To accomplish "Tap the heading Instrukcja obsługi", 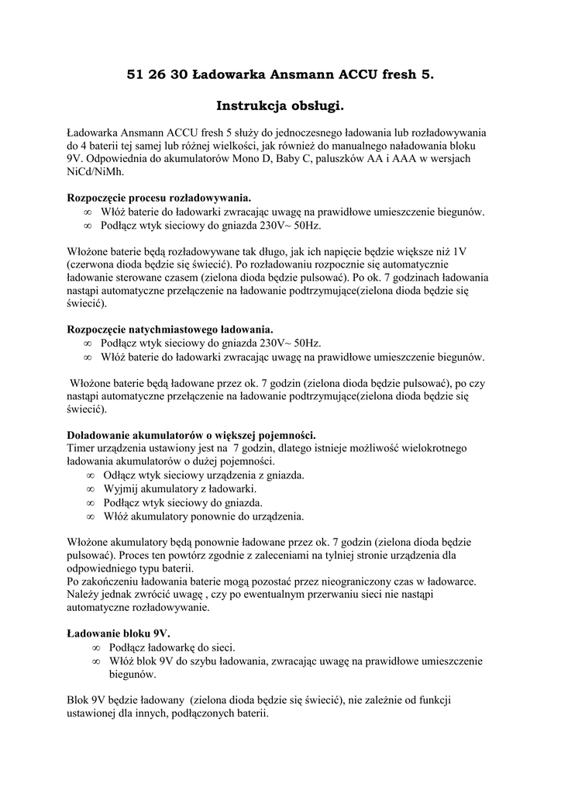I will pos(280,103).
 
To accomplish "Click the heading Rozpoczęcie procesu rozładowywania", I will pos(159,198).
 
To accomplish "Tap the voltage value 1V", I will pos(459,250).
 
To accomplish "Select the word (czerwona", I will pos(91,264).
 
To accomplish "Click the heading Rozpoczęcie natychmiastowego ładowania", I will pos(170,330).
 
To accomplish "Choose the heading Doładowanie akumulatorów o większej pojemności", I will pos(191,435).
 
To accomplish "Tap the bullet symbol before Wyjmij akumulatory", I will pos(90,488).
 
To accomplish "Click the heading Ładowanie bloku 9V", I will pos(119,633).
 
